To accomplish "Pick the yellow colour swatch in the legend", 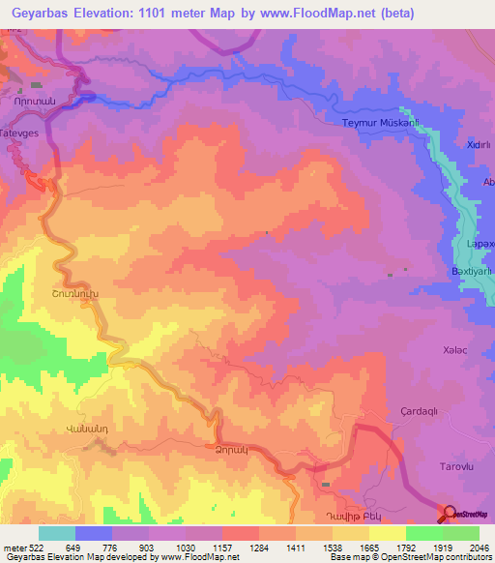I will point(387,533).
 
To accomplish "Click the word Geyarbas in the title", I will point(42,14).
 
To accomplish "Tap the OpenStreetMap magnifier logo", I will point(451,514).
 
